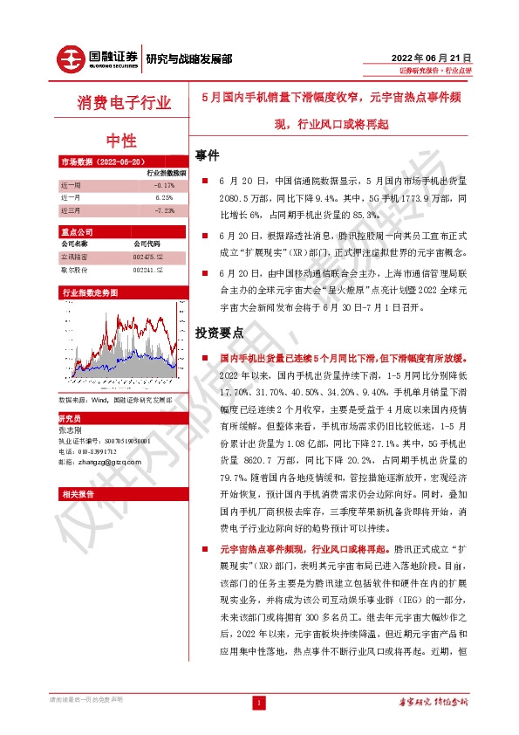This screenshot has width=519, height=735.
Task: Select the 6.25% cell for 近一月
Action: point(164,198)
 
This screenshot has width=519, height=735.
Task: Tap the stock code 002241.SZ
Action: point(147,271)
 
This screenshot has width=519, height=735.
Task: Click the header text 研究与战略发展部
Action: point(189,60)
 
